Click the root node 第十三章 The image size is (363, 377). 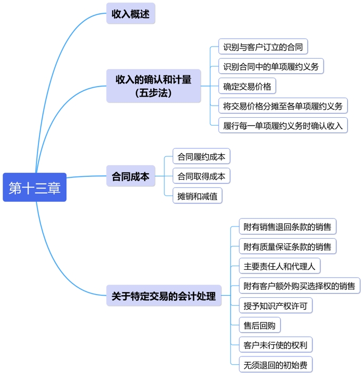coord(35,187)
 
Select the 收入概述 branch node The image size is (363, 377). coord(131,14)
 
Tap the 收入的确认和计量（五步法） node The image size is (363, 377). coord(153,86)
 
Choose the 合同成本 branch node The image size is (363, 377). coord(131,177)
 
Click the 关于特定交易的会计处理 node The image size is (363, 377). coord(164,296)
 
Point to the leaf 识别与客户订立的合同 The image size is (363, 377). coord(263,47)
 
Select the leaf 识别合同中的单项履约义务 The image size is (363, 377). coord(271,67)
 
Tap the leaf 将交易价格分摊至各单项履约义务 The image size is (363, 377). coord(283,106)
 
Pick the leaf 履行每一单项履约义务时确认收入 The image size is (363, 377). coord(283,125)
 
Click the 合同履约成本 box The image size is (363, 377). coord(201,157)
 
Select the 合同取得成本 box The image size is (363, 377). coord(201,176)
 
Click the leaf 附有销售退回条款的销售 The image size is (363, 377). coord(287,227)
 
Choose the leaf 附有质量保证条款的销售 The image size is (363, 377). coord(287,247)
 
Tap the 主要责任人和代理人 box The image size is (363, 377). coord(279,266)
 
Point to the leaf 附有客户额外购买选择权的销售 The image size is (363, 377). coord(299,286)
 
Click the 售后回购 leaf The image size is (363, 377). coord(259,325)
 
